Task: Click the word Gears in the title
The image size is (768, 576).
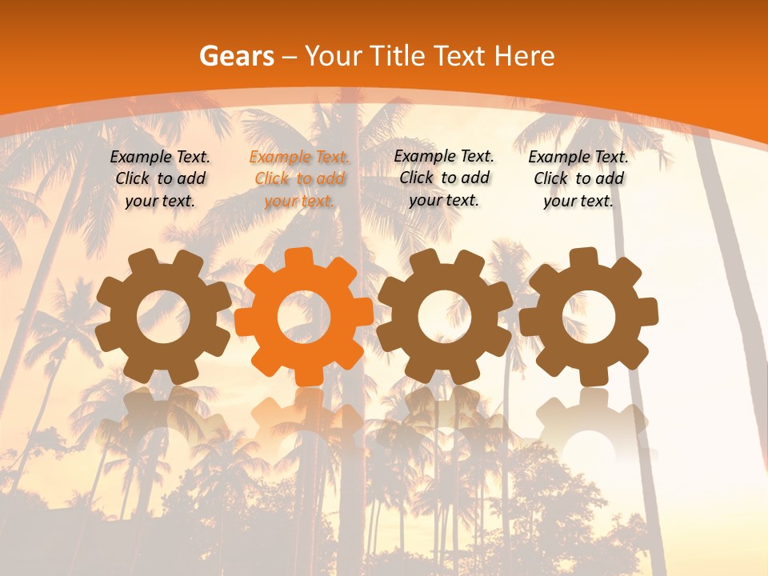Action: [x=236, y=56]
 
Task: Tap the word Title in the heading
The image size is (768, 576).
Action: [x=398, y=56]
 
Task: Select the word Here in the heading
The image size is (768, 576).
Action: [x=524, y=56]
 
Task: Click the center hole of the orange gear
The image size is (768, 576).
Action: [x=304, y=317]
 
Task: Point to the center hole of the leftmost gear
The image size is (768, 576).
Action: [x=163, y=317]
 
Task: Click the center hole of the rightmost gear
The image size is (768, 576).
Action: [x=588, y=317]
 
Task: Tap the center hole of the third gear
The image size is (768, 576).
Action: [x=445, y=317]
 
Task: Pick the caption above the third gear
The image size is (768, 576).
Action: [x=444, y=178]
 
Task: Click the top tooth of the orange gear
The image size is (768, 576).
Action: [x=298, y=258]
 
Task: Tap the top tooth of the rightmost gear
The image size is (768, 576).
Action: [x=583, y=258]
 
